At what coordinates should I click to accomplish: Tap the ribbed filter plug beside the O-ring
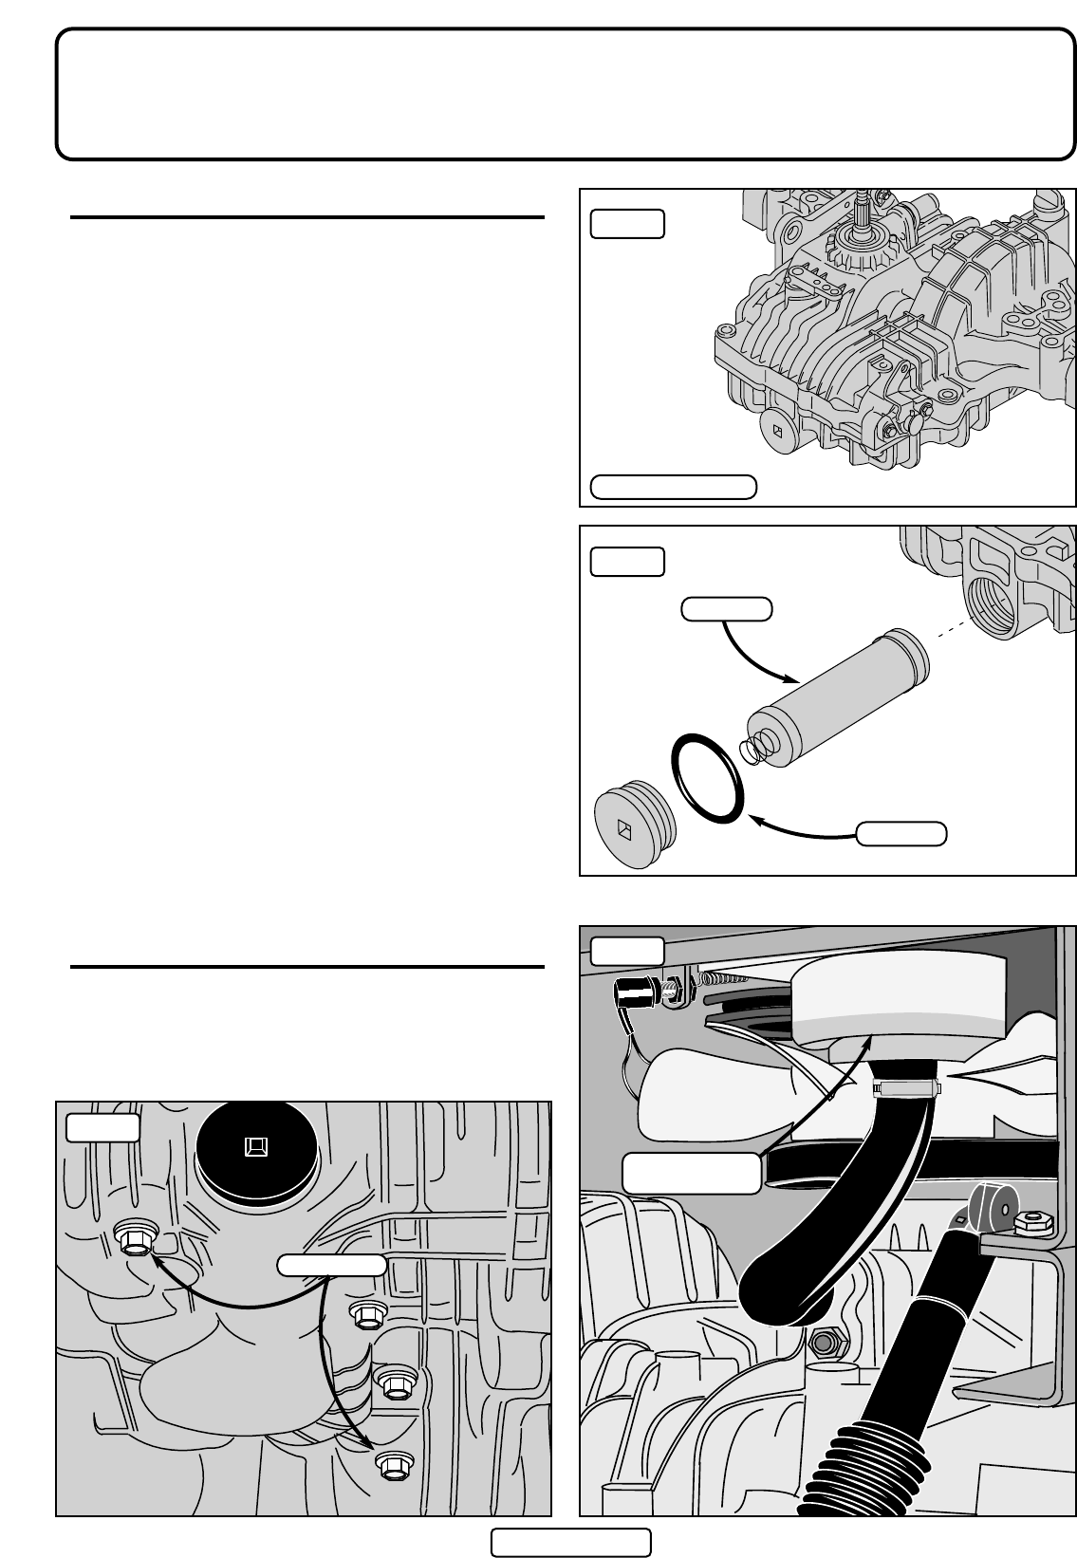[634, 824]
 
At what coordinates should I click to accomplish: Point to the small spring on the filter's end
[753, 748]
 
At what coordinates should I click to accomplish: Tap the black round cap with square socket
[256, 1148]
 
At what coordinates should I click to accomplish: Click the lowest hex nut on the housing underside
[391, 1465]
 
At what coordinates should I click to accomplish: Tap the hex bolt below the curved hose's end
[822, 1342]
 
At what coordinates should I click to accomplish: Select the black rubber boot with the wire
[633, 996]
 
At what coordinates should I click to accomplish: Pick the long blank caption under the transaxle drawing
[673, 487]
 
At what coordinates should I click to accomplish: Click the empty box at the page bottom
[570, 1543]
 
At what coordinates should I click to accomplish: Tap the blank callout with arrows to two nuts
[331, 1263]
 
